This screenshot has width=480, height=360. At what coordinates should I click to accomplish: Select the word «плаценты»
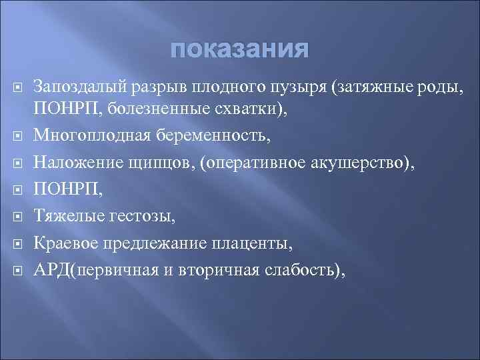(251, 242)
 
